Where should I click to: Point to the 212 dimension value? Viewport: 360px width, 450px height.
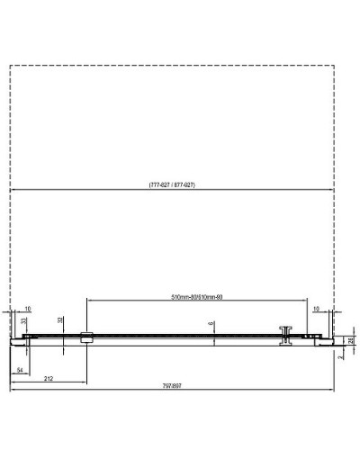pos(50,377)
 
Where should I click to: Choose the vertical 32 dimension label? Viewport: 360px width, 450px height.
pos(61,320)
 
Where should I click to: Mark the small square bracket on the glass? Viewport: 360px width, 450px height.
pos(86,338)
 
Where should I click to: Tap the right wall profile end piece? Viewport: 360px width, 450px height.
pos(327,339)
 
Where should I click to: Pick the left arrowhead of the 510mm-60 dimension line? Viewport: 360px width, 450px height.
pos(89,299)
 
